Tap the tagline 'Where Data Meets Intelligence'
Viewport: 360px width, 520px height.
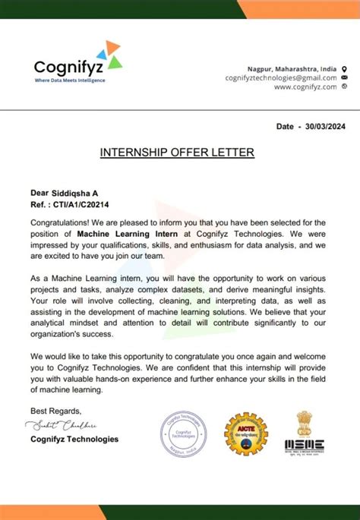point(69,80)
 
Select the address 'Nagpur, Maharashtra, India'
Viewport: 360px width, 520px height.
point(292,68)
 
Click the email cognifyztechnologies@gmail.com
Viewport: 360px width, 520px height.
point(281,77)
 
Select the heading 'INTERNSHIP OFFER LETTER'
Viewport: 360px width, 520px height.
point(177,153)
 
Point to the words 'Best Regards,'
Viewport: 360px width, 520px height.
point(55,411)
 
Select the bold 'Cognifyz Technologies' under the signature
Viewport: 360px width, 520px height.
point(74,439)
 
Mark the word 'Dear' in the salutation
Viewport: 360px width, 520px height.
point(39,194)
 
